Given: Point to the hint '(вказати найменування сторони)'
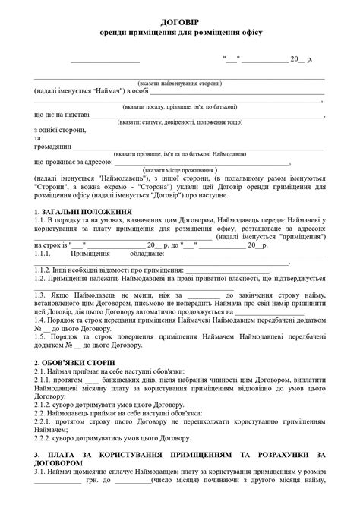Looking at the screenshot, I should coord(179,83).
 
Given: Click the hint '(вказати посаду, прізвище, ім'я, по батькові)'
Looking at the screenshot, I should coord(180,106).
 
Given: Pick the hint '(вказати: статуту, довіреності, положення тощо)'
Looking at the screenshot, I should coord(180,122).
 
